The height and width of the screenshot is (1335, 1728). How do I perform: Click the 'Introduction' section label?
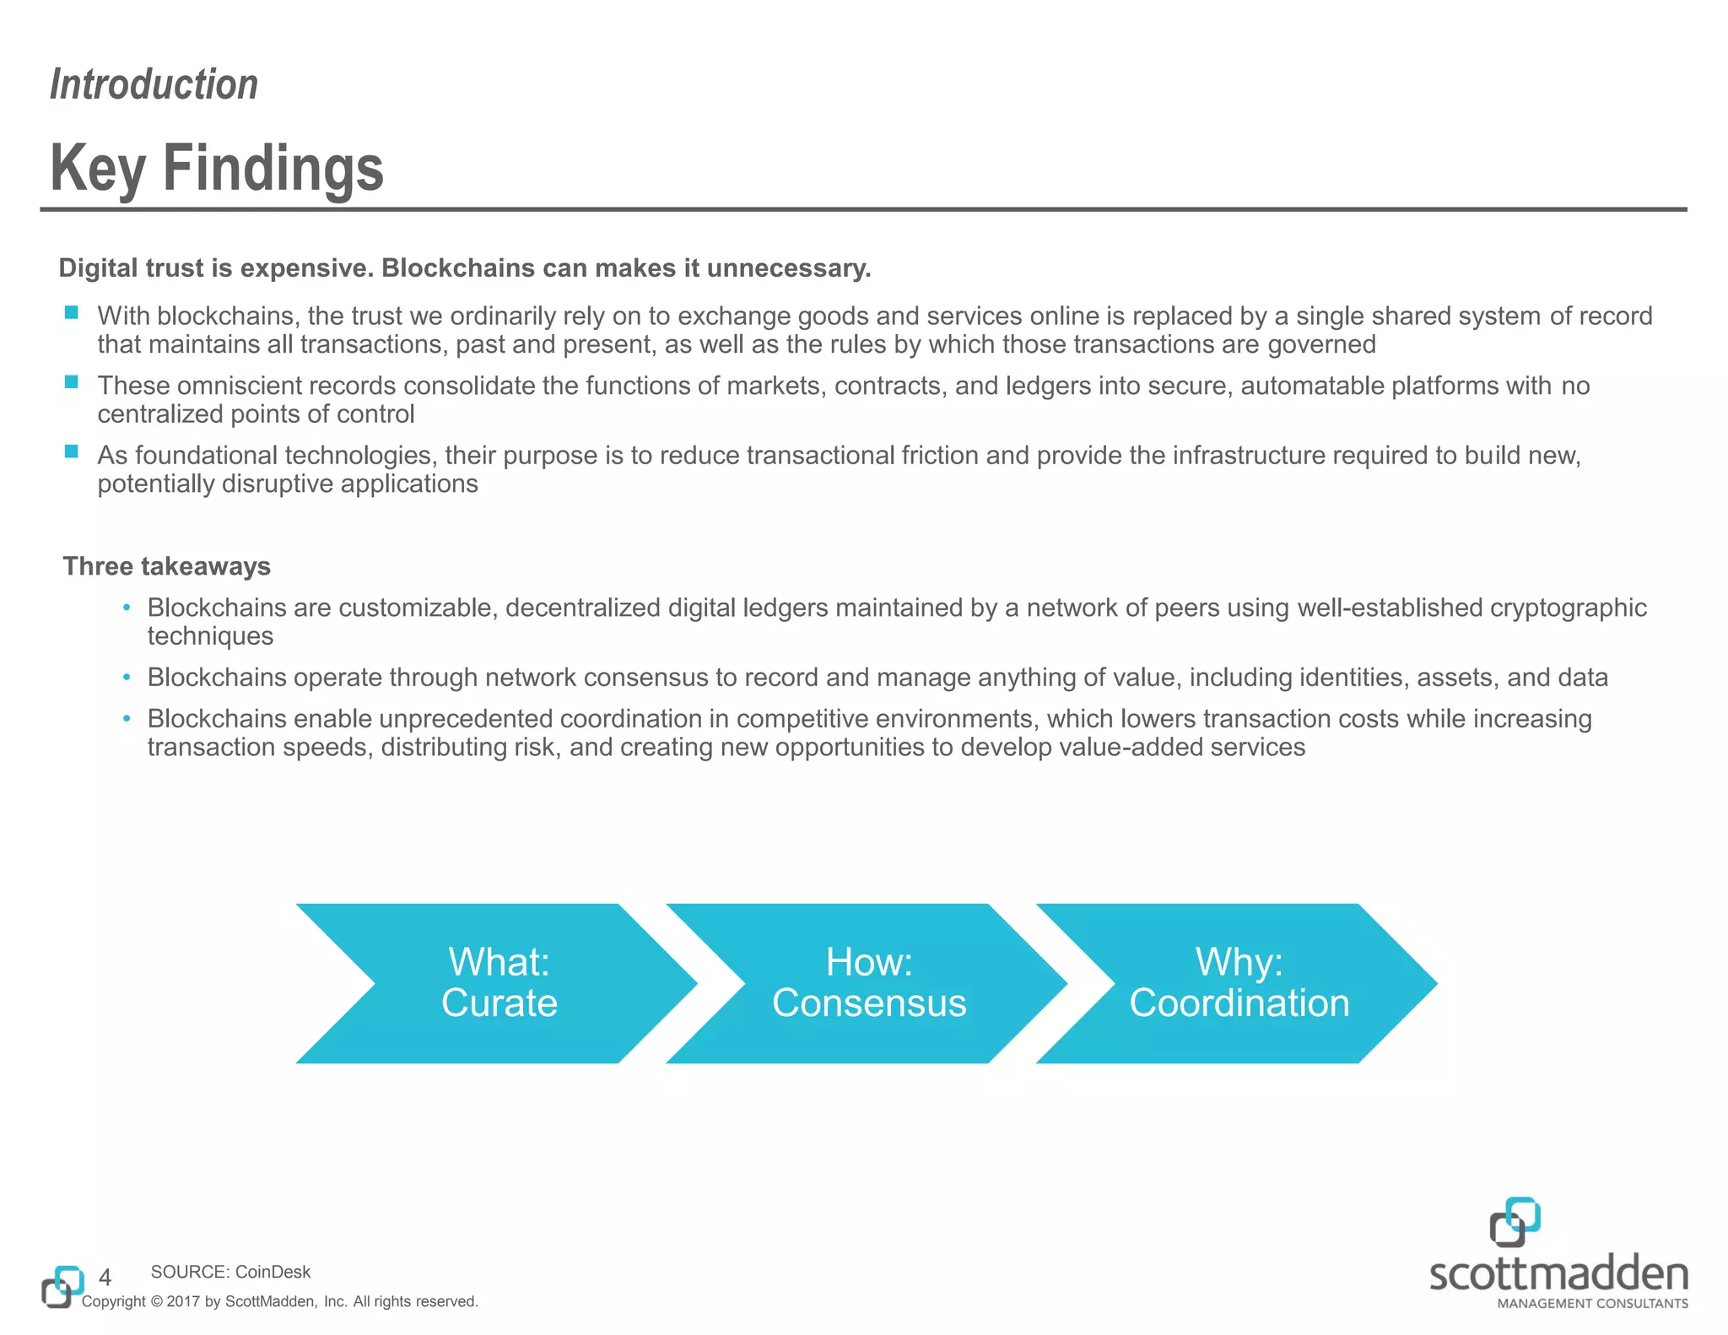click(x=154, y=84)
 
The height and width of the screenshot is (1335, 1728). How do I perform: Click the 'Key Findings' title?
click(x=217, y=167)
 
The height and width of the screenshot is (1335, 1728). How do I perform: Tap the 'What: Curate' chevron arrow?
click(x=499, y=983)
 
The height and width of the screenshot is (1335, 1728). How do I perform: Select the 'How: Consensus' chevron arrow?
click(x=868, y=983)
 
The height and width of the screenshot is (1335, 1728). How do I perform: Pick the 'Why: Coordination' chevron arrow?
click(x=1239, y=983)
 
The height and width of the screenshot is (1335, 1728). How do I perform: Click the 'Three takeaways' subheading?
click(x=166, y=566)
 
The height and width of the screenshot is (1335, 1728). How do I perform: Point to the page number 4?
click(x=105, y=1277)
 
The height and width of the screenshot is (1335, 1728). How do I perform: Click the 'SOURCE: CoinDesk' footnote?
click(x=230, y=1272)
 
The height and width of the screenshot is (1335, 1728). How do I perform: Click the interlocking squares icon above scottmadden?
click(x=1515, y=1221)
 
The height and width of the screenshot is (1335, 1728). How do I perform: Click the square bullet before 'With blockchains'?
click(x=72, y=313)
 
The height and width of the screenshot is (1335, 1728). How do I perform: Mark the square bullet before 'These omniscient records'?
click(x=72, y=382)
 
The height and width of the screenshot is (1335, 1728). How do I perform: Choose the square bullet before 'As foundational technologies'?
click(x=72, y=451)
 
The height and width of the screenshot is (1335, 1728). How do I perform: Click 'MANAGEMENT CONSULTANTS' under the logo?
click(x=1592, y=1304)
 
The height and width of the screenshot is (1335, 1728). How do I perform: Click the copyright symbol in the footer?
click(x=156, y=1302)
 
